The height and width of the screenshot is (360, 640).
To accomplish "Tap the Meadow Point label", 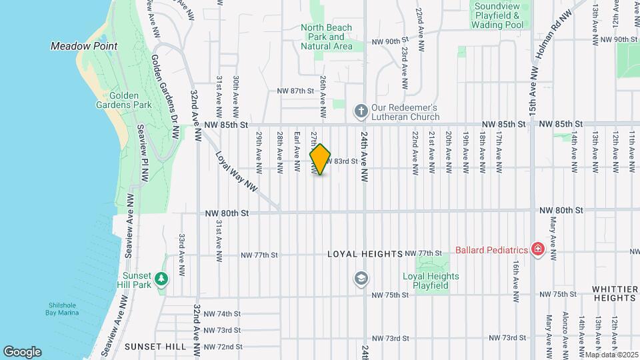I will pyautogui.click(x=84, y=46).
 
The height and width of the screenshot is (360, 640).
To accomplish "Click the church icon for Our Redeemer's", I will pyautogui.click(x=361, y=111).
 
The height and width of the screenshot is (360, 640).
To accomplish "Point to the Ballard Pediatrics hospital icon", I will pyautogui.click(x=537, y=250).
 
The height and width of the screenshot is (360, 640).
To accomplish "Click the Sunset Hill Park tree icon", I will pyautogui.click(x=161, y=278).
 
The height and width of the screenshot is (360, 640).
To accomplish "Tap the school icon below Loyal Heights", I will pyautogui.click(x=361, y=277).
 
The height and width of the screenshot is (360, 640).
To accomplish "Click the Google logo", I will pyautogui.click(x=22, y=351).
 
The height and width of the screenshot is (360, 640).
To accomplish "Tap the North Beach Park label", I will pyautogui.click(x=327, y=37).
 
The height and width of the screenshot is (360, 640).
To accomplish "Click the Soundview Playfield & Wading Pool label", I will pyautogui.click(x=497, y=15).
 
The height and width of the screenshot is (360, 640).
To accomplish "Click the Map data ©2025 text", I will pyautogui.click(x=609, y=354).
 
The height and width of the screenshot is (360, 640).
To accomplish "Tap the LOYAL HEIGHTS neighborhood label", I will pyautogui.click(x=365, y=254).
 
